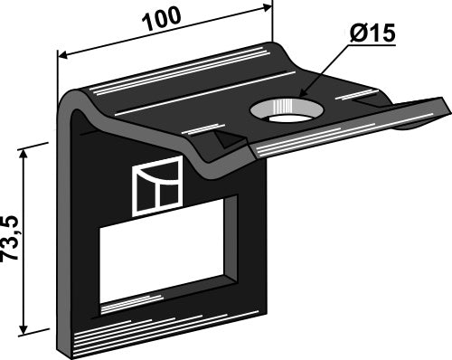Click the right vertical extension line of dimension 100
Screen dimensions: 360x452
(x=272, y=23)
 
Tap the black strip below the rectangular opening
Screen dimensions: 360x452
(x=163, y=316)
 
